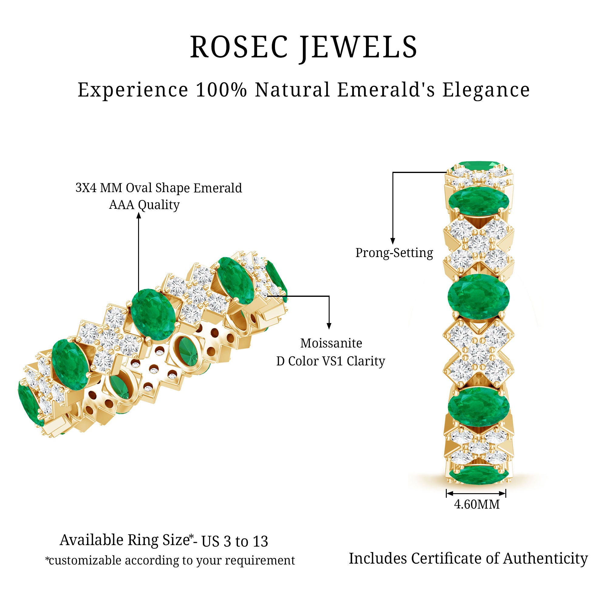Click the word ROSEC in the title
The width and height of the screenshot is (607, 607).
[x=239, y=47]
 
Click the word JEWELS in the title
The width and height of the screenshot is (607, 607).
[x=358, y=47]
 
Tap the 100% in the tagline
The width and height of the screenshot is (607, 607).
[x=221, y=90]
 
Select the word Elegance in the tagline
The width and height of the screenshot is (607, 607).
[x=486, y=90]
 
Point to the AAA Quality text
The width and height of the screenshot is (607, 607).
[x=144, y=205]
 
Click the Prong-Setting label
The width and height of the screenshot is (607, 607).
[x=394, y=253]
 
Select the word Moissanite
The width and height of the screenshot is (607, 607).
[x=331, y=343]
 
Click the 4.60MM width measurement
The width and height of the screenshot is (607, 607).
[x=476, y=505]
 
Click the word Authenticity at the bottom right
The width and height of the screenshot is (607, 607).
[x=545, y=559]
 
